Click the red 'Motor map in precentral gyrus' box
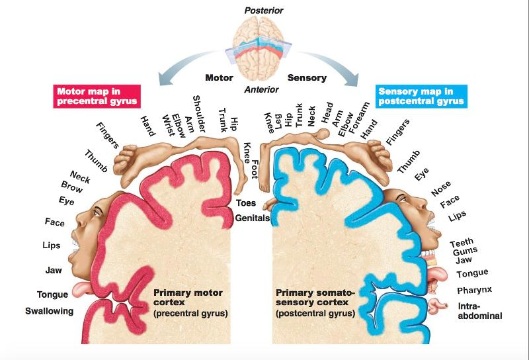point(97,96)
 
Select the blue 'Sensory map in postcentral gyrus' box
point(420,96)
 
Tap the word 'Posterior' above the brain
point(264,11)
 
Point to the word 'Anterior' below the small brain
point(261,90)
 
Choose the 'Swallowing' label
point(49,311)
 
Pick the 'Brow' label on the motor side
point(71,187)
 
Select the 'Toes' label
point(246,202)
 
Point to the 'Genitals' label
point(252,218)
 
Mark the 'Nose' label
point(440,189)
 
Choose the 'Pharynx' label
point(474,290)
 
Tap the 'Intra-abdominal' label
point(479,311)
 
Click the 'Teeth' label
point(462,243)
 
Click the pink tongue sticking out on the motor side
point(82,288)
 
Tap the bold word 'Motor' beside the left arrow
point(219,77)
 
